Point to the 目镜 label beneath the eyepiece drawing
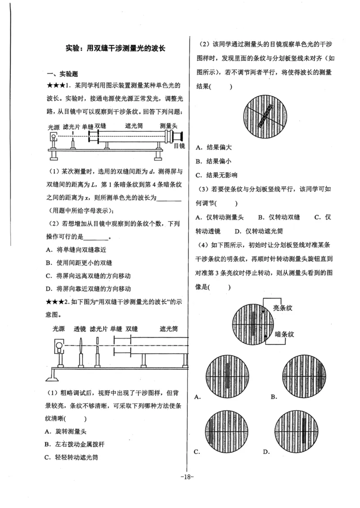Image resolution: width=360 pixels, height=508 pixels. pyautogui.click(x=179, y=146)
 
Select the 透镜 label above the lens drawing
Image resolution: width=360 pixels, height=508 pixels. pyautogui.click(x=80, y=329)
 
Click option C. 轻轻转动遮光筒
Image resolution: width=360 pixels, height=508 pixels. pyautogui.click(x=75, y=457)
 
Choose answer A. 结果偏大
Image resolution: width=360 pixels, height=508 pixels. pyautogui.click(x=214, y=147)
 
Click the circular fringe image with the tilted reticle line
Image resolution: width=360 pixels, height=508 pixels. pyautogui.click(x=265, y=116)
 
